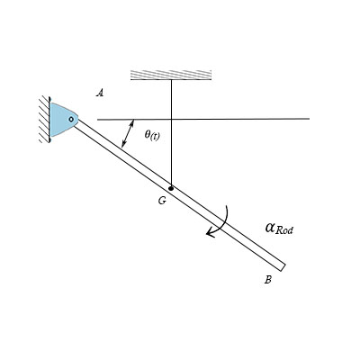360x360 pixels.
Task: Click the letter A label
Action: click(100, 93)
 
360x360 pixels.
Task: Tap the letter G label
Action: click(162, 201)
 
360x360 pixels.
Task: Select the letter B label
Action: click(268, 280)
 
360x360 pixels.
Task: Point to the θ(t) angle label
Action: click(152, 135)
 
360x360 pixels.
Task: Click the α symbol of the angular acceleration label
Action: click(270, 228)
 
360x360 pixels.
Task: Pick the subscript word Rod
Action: click(284, 230)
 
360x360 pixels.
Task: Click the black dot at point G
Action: click(171, 188)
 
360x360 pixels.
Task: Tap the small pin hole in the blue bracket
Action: click(71, 119)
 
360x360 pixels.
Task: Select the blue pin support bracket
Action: click(64, 120)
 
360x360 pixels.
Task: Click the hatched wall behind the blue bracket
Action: click(44, 119)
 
